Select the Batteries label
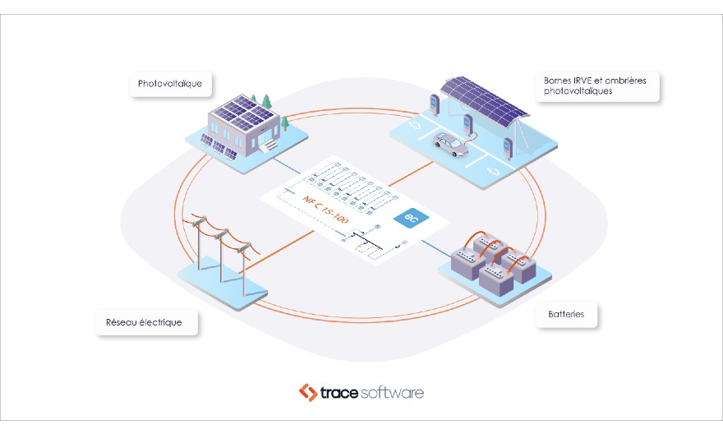566,314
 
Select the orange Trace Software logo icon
308,392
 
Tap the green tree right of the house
285,123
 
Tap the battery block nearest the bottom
495,277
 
